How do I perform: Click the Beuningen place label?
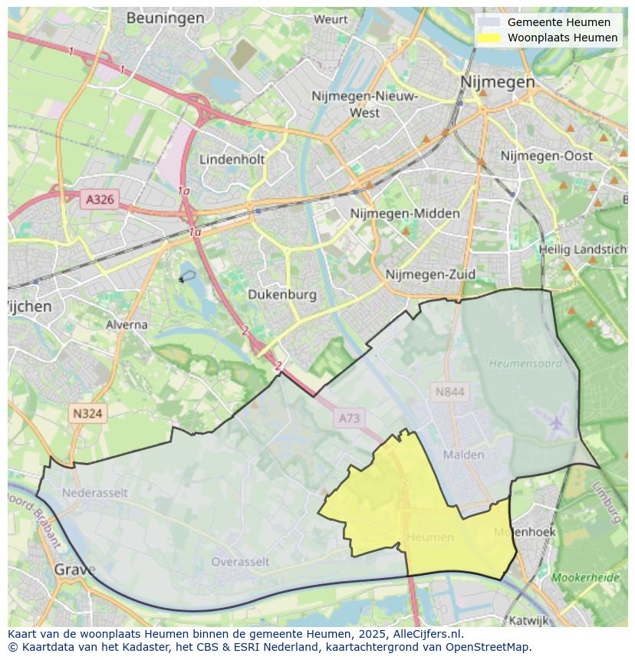point(165,18)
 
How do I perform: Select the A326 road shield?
point(100,199)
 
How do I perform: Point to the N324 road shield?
point(87,413)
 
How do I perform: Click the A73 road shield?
point(349,418)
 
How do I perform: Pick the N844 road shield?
point(449,392)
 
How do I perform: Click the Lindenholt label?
point(232,159)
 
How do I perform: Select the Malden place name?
point(464,455)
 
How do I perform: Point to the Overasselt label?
point(240,562)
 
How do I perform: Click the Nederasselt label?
point(95,493)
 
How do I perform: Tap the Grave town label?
point(75,570)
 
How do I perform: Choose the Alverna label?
point(127,324)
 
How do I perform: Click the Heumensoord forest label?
point(525,363)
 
